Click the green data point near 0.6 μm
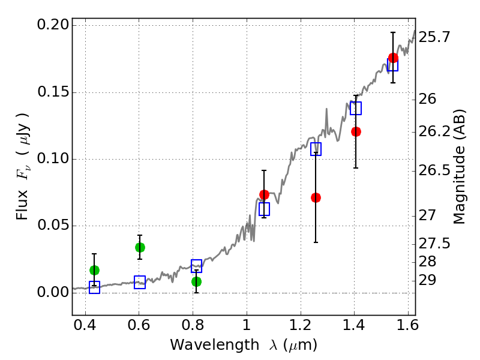pyautogui.click(x=140, y=247)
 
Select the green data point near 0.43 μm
pyautogui.click(x=94, y=270)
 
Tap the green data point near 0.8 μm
pyautogui.click(x=197, y=281)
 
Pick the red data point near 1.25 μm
pyautogui.click(x=316, y=198)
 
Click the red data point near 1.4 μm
pyautogui.click(x=356, y=131)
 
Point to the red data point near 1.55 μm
pyautogui.click(x=394, y=58)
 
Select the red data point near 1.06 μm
pyautogui.click(x=264, y=194)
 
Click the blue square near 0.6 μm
pyautogui.click(x=140, y=282)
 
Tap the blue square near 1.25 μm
pyautogui.click(x=316, y=149)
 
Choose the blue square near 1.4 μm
pyautogui.click(x=356, y=109)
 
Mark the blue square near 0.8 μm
pyautogui.click(x=197, y=266)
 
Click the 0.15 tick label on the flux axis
pyautogui.click(x=53, y=92)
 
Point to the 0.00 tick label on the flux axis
pyautogui.click(x=53, y=292)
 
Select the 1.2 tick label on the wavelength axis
pyautogui.click(x=301, y=325)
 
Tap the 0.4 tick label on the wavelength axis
pyautogui.click(x=85, y=325)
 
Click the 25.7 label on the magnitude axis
pyautogui.click(x=434, y=37)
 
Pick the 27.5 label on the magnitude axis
pyautogui.click(x=434, y=244)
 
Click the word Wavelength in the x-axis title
pyautogui.click(x=215, y=345)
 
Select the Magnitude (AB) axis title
pyautogui.click(x=459, y=167)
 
